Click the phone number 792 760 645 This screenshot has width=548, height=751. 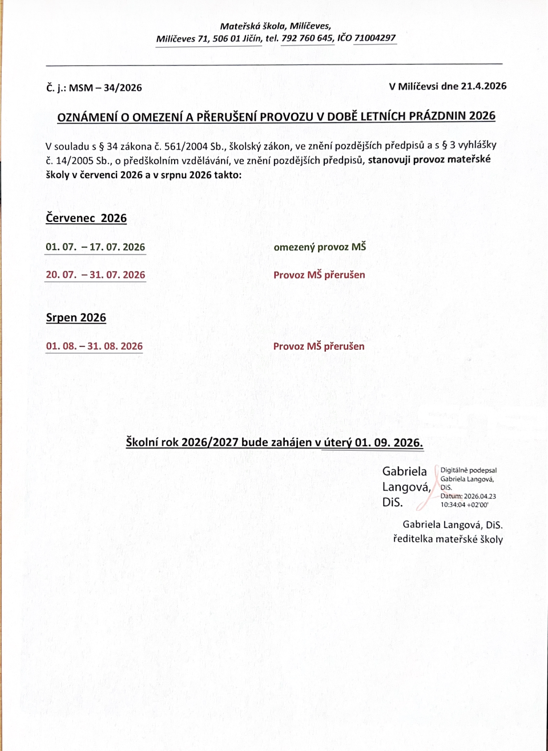307,38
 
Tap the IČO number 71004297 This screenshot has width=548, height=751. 375,38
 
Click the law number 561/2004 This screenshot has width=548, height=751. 186,146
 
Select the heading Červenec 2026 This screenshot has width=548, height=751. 86,218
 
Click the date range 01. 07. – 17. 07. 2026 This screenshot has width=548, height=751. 95,247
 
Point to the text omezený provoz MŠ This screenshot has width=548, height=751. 320,247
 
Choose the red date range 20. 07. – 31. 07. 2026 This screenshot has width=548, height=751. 95,274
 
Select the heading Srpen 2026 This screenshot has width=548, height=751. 76,318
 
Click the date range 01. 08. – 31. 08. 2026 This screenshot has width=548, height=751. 94,346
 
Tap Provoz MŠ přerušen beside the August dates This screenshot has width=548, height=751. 319,346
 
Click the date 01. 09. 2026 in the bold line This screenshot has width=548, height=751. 388,442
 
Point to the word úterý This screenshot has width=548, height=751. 337,442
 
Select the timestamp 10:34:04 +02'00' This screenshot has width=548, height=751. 464,504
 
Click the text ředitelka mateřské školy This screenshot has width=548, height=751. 448,539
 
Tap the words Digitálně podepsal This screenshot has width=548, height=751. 468,470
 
